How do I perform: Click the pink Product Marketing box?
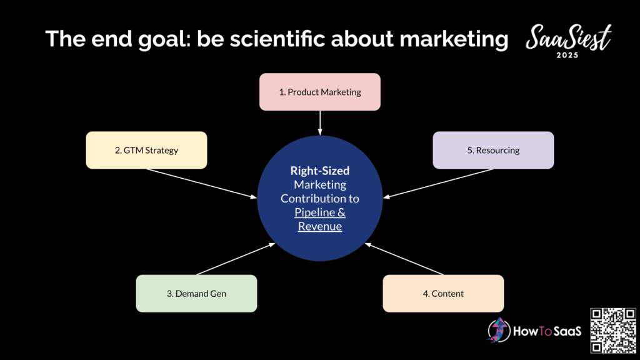[x=320, y=92]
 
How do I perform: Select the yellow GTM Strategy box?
[x=146, y=150]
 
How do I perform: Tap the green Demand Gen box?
[x=196, y=294]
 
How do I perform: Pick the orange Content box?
[x=443, y=294]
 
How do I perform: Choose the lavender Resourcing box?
[x=494, y=150]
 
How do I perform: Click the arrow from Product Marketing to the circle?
[x=320, y=123]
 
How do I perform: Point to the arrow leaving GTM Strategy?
[x=202, y=184]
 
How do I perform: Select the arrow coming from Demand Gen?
[x=236, y=259]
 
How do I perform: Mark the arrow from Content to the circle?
[x=404, y=259]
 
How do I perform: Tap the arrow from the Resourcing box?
[x=438, y=184]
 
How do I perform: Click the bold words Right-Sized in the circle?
[x=320, y=171]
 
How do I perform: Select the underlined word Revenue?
[x=320, y=226]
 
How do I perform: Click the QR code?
[x=613, y=331]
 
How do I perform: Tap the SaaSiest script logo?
[x=569, y=37]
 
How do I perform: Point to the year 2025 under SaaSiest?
[x=567, y=55]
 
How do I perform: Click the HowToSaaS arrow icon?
[x=498, y=330]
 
